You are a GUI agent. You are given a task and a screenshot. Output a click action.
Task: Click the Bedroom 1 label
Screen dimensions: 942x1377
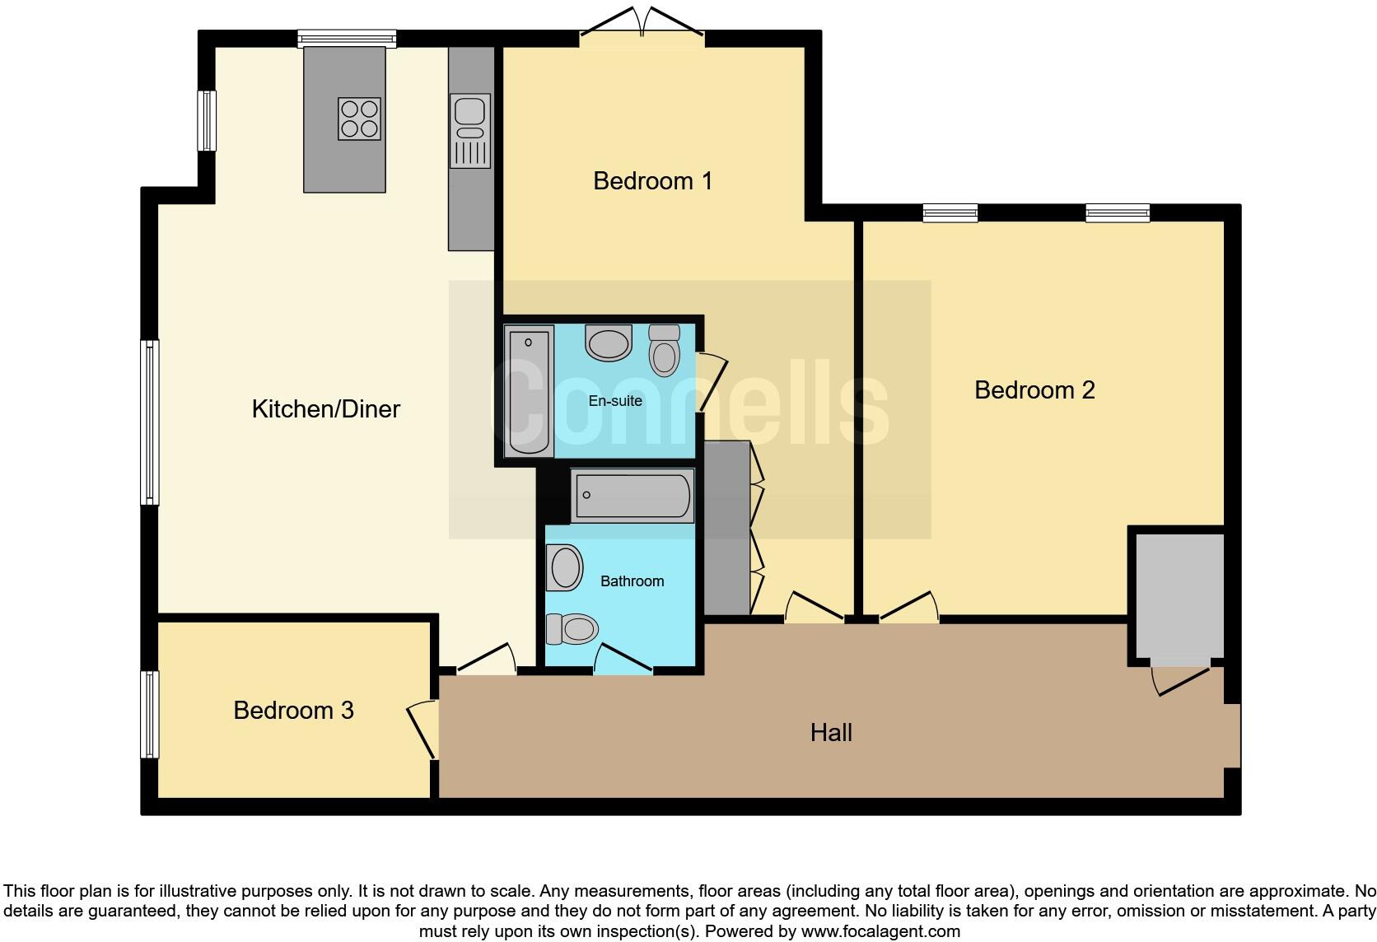[x=652, y=180]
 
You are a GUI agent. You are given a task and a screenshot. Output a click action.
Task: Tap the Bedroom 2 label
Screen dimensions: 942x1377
[x=1034, y=389]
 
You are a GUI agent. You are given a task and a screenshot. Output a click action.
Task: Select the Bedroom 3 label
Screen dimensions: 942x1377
[x=293, y=710]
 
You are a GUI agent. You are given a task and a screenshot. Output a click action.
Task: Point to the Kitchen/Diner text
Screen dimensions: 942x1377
[x=325, y=408]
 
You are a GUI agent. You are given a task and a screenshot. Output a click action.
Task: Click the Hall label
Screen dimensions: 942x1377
[x=830, y=732]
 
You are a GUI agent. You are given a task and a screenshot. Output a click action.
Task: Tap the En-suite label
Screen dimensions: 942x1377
[x=614, y=401]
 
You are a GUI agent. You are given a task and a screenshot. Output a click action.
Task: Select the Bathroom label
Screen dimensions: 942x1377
[x=632, y=581]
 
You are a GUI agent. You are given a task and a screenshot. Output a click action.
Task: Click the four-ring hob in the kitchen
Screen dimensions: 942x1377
[x=359, y=119]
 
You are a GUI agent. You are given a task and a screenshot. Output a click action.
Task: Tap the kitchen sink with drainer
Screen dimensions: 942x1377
[x=470, y=130]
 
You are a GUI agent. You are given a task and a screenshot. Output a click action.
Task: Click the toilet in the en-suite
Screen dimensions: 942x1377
[x=664, y=350]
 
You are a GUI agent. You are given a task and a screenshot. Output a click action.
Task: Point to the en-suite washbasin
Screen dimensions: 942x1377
[x=609, y=343]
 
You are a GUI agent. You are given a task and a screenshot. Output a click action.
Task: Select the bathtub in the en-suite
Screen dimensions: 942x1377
[x=528, y=391]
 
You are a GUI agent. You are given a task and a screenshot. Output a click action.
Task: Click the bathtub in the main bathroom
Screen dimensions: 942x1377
[x=632, y=496]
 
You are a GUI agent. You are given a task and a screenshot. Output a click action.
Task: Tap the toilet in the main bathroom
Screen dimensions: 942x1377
[x=572, y=629]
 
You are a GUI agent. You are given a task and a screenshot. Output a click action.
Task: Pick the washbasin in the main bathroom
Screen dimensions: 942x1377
[x=565, y=568]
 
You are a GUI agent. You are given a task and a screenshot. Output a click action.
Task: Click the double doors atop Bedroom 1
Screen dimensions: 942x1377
[x=642, y=25]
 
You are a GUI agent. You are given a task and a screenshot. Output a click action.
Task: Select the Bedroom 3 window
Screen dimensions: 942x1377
[x=149, y=714]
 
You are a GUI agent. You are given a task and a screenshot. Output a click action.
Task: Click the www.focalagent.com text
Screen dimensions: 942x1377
[x=880, y=931]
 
